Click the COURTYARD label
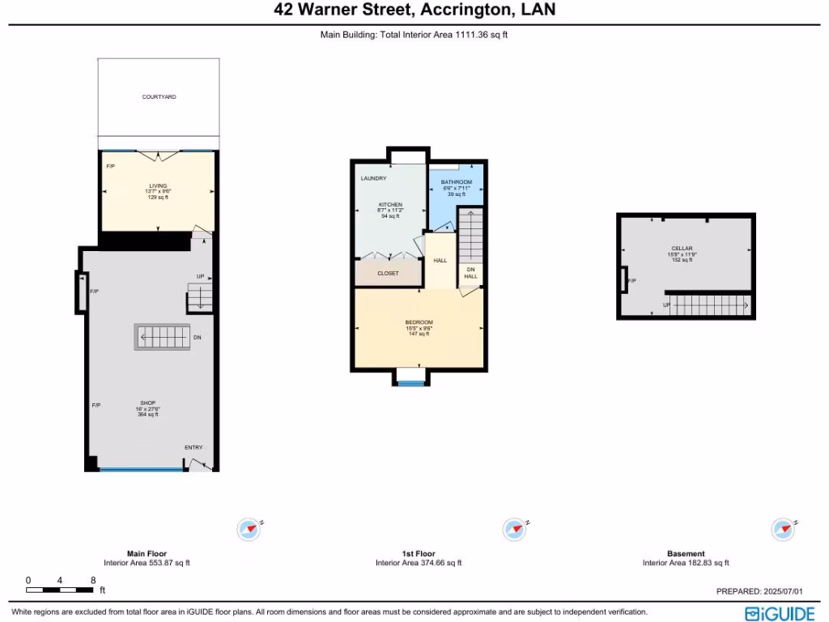click(159, 97)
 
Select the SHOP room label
click(147, 403)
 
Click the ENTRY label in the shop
click(193, 448)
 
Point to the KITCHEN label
click(390, 205)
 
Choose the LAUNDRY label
click(373, 178)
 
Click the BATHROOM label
click(456, 182)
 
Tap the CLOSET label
click(388, 274)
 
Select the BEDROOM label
click(419, 322)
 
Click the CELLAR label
click(682, 249)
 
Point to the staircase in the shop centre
click(162, 337)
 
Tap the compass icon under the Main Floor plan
click(249, 530)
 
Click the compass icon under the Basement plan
click(783, 529)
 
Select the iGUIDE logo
click(780, 613)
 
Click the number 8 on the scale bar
click(93, 581)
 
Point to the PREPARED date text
click(765, 592)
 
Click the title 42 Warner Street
click(414, 11)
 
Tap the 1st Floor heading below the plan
click(418, 554)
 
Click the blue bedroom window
click(410, 383)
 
